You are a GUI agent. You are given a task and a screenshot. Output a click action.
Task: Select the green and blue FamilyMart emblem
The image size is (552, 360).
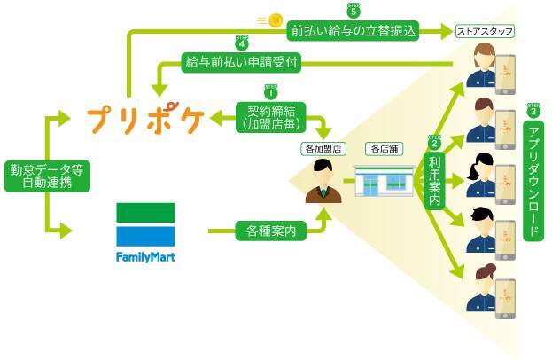click(146, 224)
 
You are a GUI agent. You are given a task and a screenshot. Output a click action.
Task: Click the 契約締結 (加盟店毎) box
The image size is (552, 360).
click(271, 117)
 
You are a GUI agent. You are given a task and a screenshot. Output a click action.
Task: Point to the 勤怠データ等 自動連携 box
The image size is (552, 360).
click(36, 176)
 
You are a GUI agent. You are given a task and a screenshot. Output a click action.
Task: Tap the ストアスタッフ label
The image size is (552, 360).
click(484, 31)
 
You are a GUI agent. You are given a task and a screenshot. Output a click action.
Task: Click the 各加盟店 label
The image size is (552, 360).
click(322, 148)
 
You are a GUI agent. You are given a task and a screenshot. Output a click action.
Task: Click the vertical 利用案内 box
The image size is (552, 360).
click(434, 176)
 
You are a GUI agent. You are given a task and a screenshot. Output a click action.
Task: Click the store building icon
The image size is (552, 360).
click(382, 183)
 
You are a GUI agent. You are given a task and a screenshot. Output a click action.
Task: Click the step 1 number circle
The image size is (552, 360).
click(271, 91)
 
